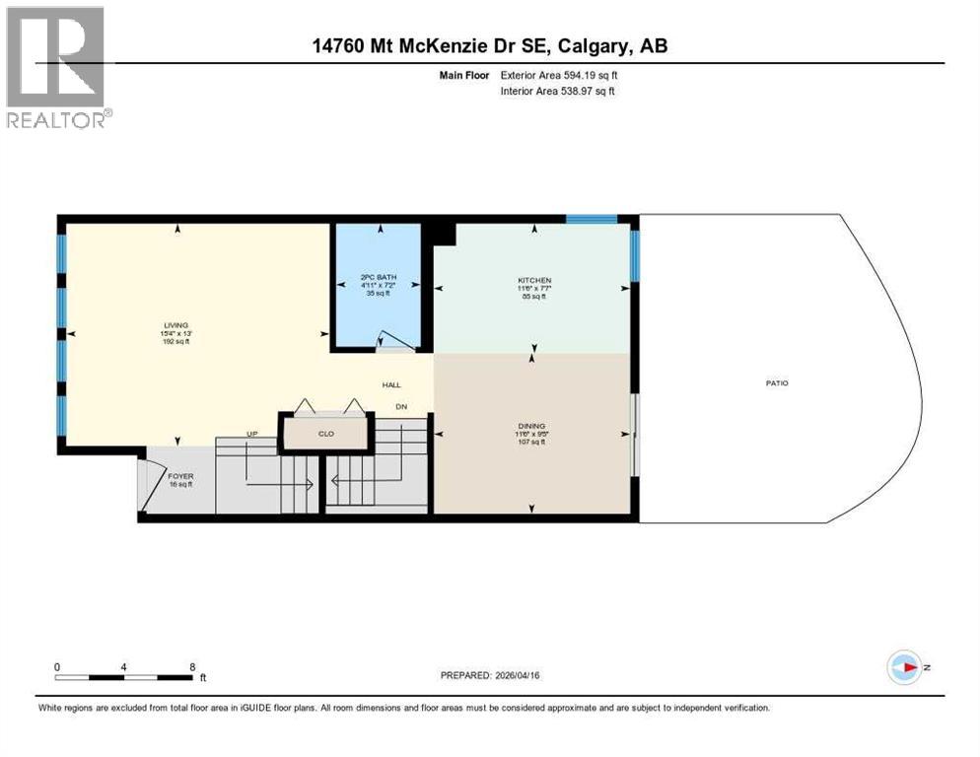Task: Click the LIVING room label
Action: tap(176, 325)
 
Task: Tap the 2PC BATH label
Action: tap(378, 277)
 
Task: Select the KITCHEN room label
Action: tap(534, 281)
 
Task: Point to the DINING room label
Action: tap(531, 427)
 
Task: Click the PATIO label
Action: tap(777, 383)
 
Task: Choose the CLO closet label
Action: tap(325, 432)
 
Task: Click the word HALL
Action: tap(391, 385)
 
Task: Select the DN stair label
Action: tap(401, 406)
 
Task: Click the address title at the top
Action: tap(489, 45)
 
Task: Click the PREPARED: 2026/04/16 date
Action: tap(491, 675)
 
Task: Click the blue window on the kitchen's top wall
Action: tap(591, 219)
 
